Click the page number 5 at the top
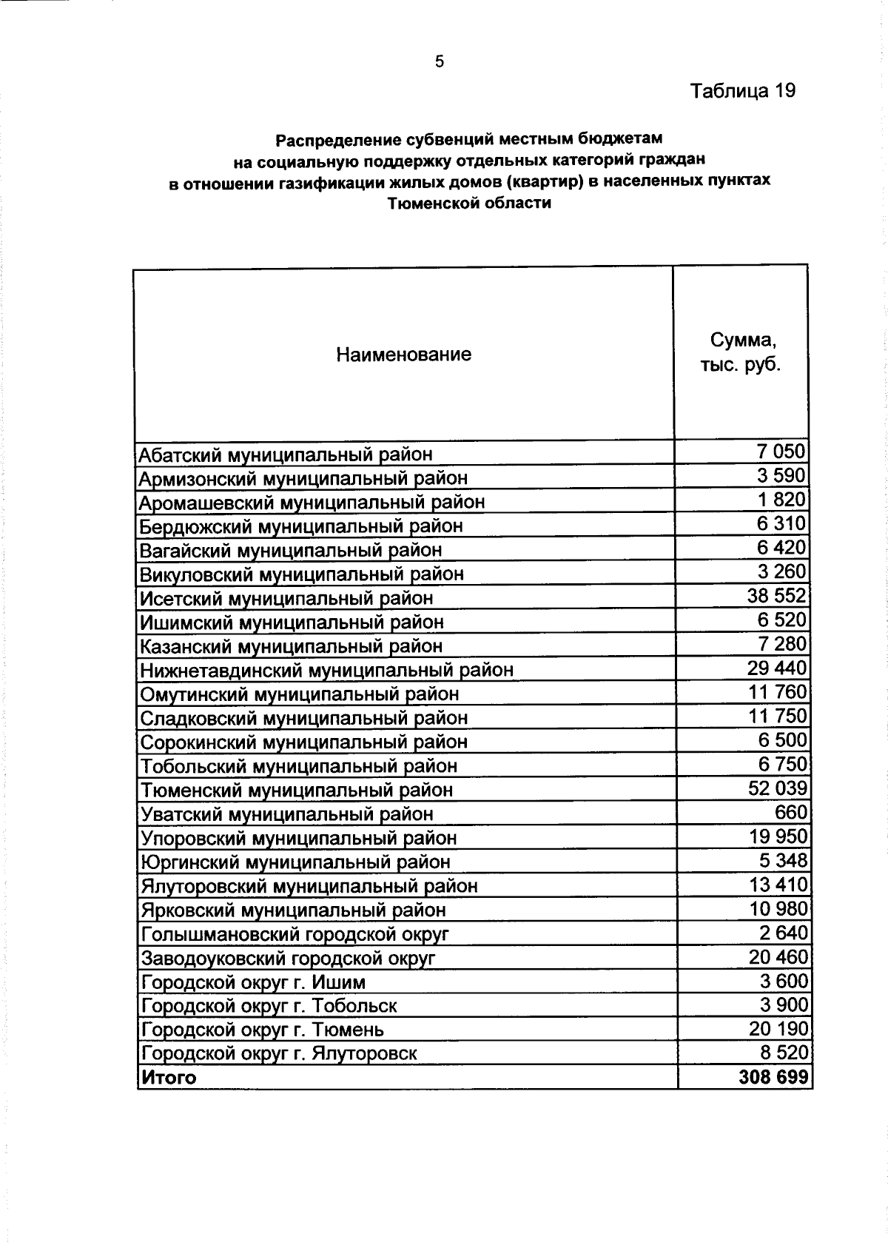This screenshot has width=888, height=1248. point(440,61)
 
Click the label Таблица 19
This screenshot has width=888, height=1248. point(742,91)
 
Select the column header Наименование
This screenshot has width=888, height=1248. point(403,355)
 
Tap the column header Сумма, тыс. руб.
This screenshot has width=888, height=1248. point(741,353)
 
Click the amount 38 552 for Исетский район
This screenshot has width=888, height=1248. point(777,596)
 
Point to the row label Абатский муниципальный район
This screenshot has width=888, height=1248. point(286,454)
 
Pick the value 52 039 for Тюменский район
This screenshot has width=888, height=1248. point(778,788)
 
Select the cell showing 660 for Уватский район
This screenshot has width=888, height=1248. point(790,812)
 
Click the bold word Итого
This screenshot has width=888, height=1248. point(169,1078)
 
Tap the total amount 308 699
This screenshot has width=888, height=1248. point(773,1077)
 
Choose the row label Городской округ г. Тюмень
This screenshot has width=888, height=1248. point(263,1030)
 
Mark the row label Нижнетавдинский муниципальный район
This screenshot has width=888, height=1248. point(326,670)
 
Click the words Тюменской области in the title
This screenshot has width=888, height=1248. point(469,203)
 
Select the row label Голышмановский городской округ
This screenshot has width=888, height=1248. point(295,934)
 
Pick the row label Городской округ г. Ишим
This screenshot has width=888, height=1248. point(253,982)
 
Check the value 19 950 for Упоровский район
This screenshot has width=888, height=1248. point(778,836)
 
